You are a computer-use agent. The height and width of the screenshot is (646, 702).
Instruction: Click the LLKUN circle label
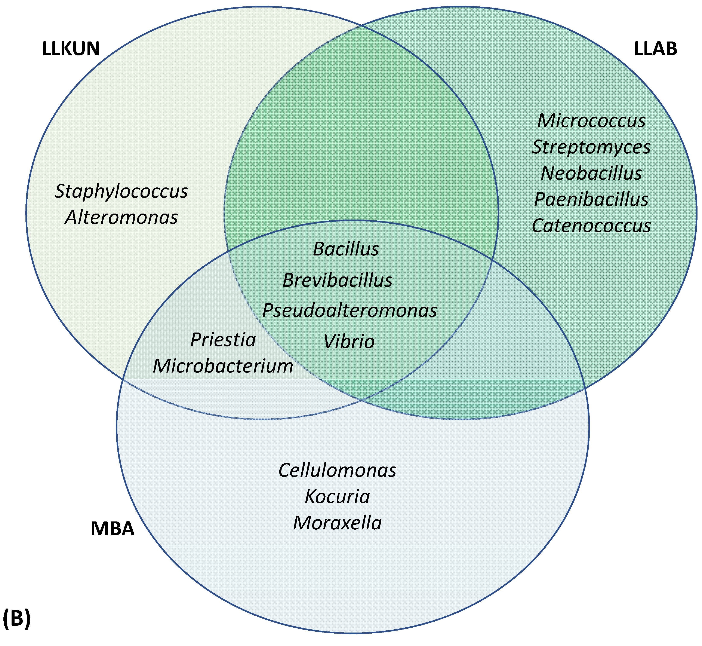tap(71, 49)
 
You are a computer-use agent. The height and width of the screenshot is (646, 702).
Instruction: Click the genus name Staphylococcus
tap(121, 192)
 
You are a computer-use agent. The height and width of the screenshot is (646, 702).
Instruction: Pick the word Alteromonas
tap(121, 217)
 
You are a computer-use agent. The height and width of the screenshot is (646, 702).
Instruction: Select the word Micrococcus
tap(591, 121)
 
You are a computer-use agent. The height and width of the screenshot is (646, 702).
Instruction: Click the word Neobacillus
tap(591, 173)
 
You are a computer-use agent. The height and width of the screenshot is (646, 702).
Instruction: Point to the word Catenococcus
tap(591, 226)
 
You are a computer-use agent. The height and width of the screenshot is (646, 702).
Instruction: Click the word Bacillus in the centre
tap(346, 249)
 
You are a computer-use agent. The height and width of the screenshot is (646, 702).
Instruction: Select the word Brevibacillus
tap(338, 280)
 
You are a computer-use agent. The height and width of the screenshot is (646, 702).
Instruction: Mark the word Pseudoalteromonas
tap(350, 310)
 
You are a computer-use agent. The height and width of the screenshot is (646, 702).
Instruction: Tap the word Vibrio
tap(349, 342)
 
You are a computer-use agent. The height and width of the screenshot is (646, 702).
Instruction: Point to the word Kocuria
tap(337, 497)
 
